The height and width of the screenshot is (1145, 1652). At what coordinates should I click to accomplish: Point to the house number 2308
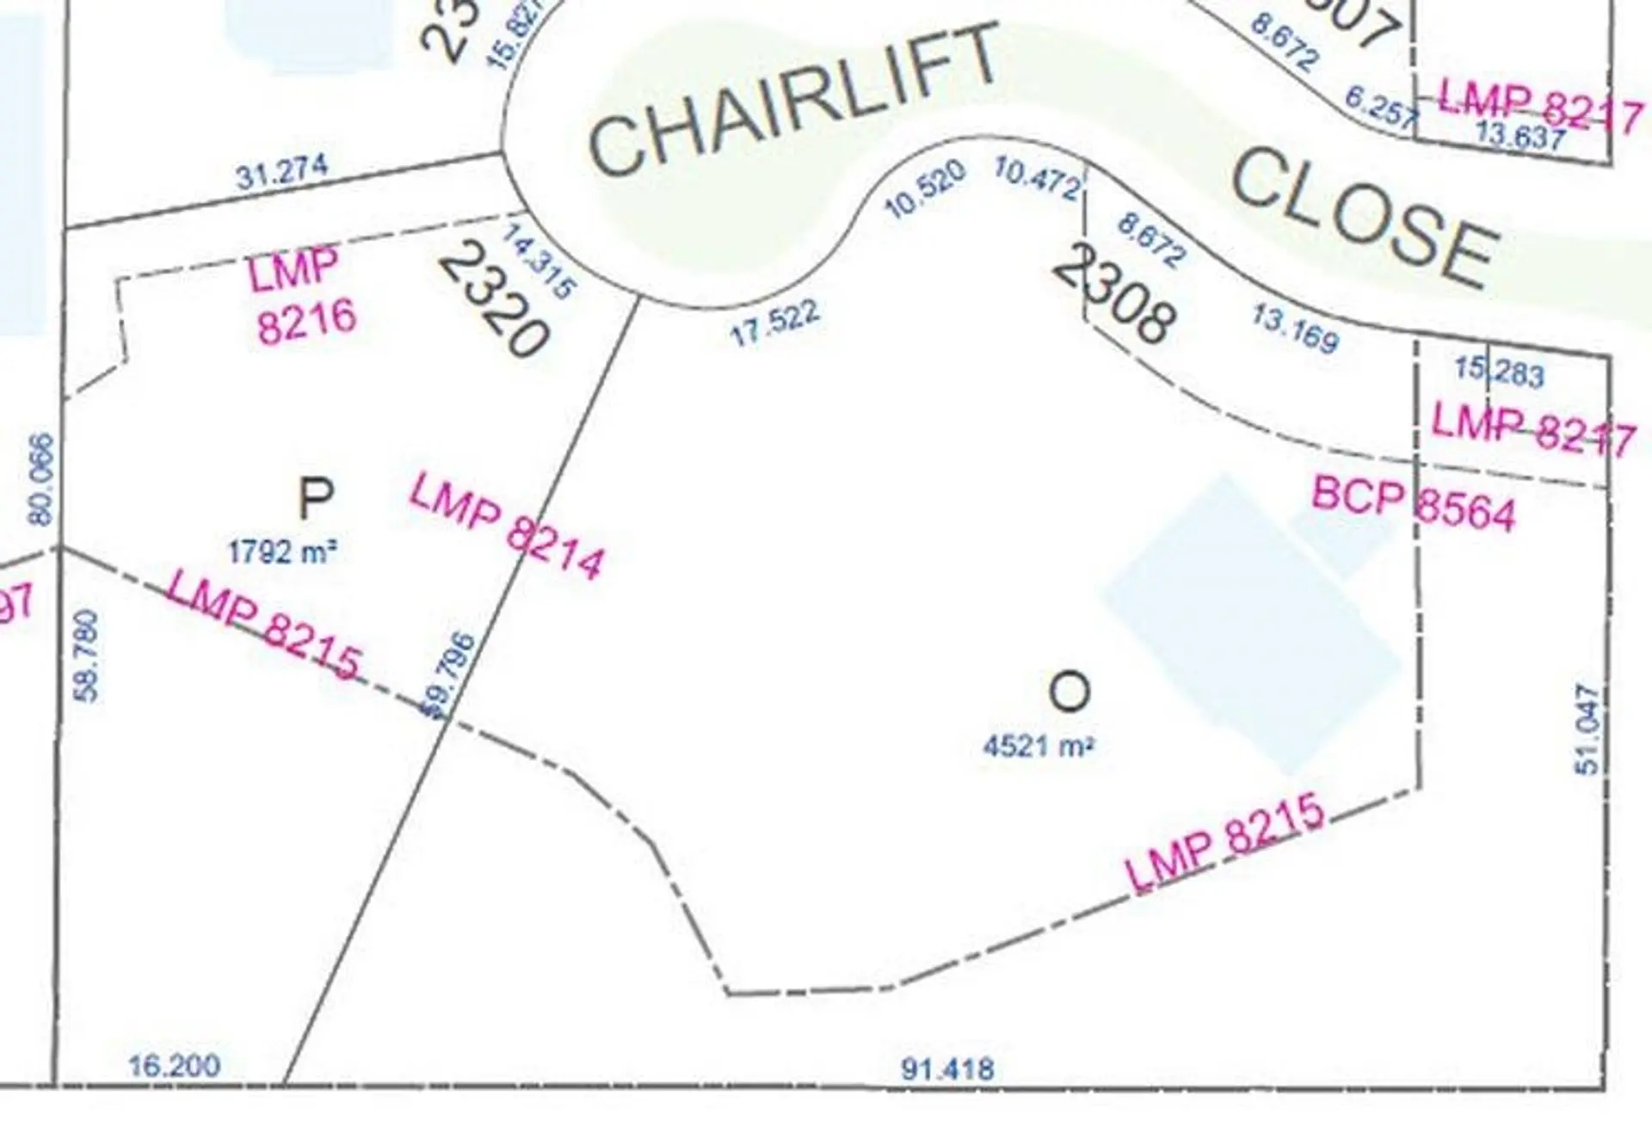click(x=1113, y=292)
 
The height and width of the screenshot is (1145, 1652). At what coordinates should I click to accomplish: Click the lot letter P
click(x=315, y=499)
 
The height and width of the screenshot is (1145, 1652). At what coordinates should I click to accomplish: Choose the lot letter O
click(x=1069, y=692)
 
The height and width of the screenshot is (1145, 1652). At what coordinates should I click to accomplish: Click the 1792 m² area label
click(x=281, y=551)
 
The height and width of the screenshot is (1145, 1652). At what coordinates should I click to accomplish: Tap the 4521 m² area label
click(x=1038, y=745)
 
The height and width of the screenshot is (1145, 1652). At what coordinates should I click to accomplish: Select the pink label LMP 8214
click(x=506, y=527)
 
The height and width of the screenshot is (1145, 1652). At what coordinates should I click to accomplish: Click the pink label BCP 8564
click(x=1413, y=505)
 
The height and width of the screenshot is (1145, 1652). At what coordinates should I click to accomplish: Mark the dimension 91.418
click(x=947, y=1069)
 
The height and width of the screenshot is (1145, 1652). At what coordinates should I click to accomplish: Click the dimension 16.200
click(x=175, y=1066)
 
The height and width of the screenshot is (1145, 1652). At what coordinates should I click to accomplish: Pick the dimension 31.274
click(x=281, y=172)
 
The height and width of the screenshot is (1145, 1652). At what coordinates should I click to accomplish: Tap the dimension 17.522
click(x=774, y=323)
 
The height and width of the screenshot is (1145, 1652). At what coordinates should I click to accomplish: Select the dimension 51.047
click(x=1587, y=728)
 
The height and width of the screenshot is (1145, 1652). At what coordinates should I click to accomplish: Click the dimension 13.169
click(x=1295, y=329)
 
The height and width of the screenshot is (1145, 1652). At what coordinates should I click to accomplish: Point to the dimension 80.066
click(x=40, y=478)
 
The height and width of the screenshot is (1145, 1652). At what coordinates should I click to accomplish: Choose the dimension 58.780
click(x=88, y=656)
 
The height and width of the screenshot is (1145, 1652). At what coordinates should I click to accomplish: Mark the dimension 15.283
click(x=1499, y=372)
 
